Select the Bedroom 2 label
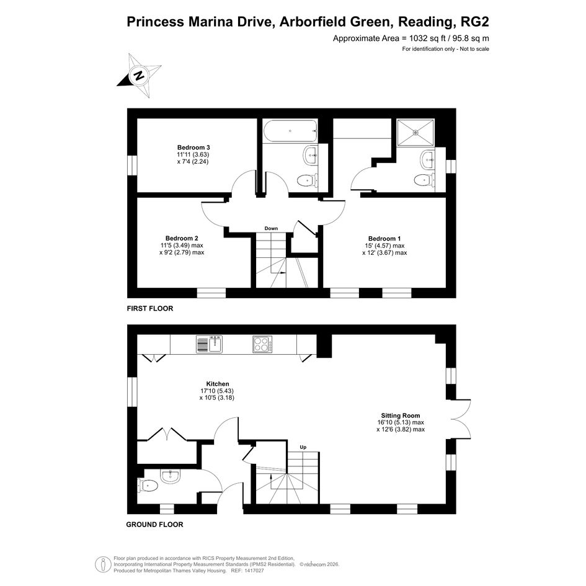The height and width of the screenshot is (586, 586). pos(182,239)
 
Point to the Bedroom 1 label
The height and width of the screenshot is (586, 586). pos(384,239)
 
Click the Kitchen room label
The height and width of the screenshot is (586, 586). pos(218,384)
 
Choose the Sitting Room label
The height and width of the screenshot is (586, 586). pos(400,415)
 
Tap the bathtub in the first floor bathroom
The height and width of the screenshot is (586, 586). pos(290,131)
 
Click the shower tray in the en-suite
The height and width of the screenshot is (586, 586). pos(415,132)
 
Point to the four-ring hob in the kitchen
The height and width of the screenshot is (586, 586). pos(262,344)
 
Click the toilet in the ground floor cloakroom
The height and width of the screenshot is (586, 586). pos(148,486)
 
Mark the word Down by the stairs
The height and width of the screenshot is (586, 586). pos(272,228)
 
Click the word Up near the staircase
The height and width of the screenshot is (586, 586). pos(303,447)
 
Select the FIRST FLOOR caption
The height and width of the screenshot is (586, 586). pos(150,309)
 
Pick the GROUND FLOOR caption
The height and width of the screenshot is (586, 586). pos(155,525)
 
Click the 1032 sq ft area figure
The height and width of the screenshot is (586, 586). pos(429,38)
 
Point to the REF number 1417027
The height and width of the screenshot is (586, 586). pos(254,571)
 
